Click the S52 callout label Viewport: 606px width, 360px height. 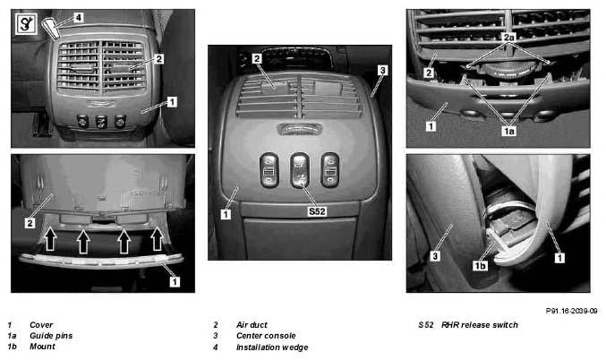point(317,211)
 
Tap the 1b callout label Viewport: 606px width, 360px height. point(480,266)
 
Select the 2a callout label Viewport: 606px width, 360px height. point(509,38)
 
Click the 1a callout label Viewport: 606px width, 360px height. point(509,131)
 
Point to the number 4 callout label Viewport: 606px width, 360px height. point(79,17)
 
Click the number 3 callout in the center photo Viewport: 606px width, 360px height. point(382,70)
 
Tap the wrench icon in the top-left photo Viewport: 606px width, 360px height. point(26,24)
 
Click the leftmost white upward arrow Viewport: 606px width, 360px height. point(51,238)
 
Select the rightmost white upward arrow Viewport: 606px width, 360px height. point(157,238)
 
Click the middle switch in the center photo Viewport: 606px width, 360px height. point(300,170)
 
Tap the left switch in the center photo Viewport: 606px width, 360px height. point(269,170)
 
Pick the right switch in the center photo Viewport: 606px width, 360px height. point(330,170)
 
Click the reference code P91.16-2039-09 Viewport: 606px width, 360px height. point(571,311)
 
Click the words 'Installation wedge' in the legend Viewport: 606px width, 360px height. point(272,347)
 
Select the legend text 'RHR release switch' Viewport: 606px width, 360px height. point(480,325)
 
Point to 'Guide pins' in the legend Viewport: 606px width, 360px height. point(51,336)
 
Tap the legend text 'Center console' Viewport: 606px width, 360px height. point(266,336)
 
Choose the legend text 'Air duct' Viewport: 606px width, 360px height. point(252,325)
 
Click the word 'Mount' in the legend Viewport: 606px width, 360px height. point(42,346)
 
